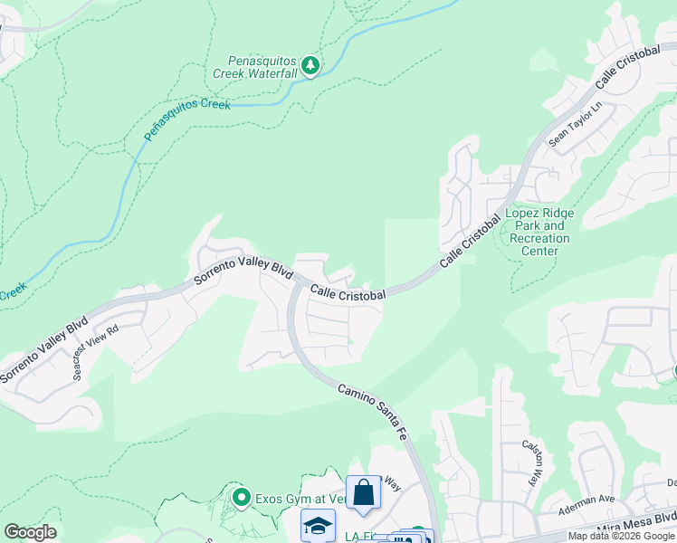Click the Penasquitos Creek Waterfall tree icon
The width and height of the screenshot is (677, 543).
(310, 65)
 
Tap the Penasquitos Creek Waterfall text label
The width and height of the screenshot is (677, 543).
(255, 66)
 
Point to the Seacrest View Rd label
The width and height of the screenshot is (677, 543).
(95, 353)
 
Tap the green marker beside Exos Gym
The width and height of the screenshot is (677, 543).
(242, 497)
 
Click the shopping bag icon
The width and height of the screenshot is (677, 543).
(363, 493)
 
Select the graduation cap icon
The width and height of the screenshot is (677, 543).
(318, 526)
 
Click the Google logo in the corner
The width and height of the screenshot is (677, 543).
(30, 532)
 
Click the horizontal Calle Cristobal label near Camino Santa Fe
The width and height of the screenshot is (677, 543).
(348, 293)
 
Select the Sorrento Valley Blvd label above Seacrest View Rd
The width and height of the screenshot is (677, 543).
(43, 348)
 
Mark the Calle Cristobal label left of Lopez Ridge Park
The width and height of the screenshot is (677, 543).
(470, 241)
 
